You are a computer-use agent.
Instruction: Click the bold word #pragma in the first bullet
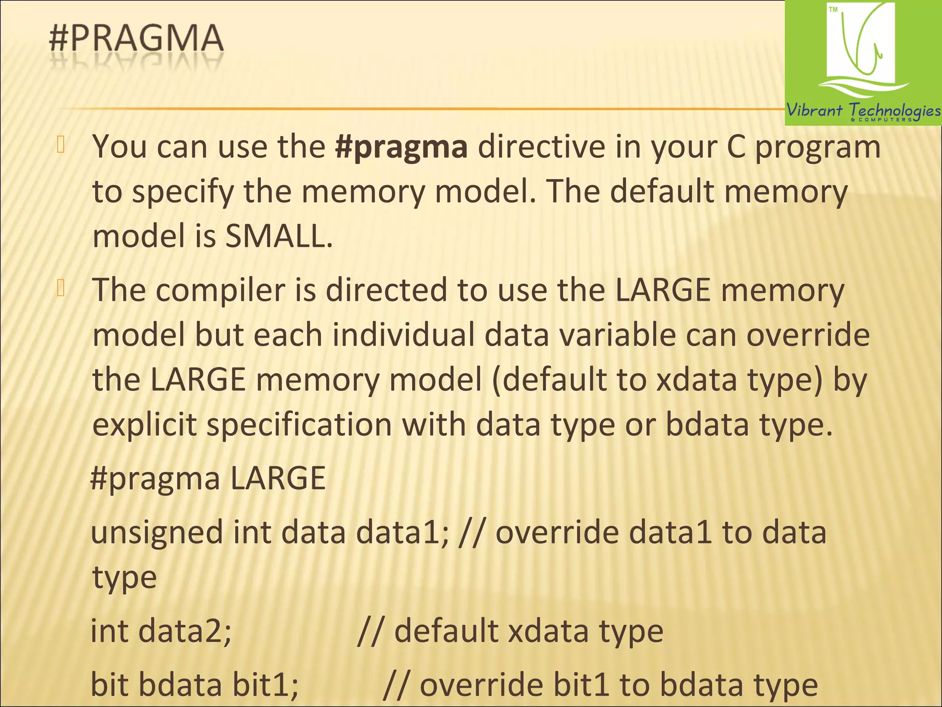pos(401,147)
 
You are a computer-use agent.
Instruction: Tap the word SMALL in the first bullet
pos(278,237)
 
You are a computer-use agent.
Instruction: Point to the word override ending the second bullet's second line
pos(808,335)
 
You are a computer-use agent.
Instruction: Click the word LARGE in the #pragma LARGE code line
pos(278,479)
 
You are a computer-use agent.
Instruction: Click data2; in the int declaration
pos(185,631)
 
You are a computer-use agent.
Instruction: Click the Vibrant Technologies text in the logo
pos(863,110)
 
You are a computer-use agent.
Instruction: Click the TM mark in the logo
pos(833,10)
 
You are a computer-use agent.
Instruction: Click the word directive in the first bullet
pos(541,147)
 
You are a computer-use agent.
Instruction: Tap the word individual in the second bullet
pos(403,335)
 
